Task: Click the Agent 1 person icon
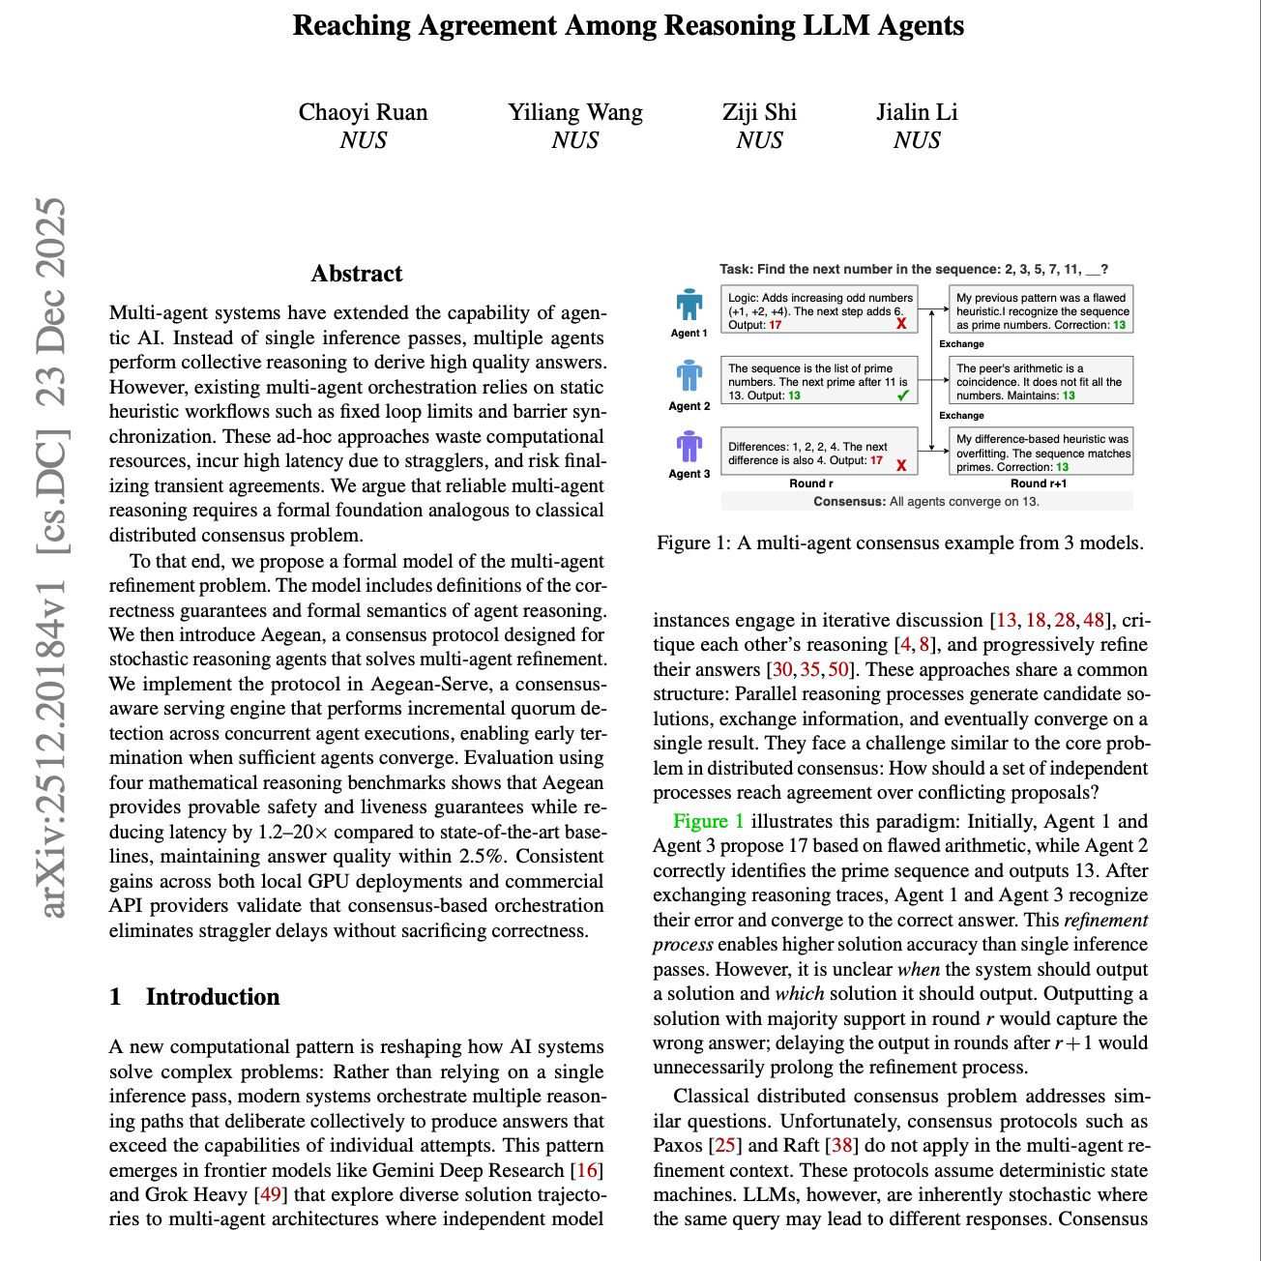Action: coord(689,305)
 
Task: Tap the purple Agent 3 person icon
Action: coord(689,447)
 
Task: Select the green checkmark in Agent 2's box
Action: coord(902,396)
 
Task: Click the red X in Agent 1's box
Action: coord(901,324)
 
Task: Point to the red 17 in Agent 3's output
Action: coord(876,460)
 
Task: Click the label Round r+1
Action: coord(1039,484)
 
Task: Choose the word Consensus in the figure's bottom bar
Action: coord(849,501)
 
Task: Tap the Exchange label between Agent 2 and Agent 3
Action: coord(961,415)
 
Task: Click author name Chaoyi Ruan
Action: coord(363,112)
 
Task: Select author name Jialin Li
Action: coord(917,112)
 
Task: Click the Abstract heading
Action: coord(357,274)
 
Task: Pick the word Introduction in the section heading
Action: coord(213,997)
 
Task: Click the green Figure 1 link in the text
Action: coord(708,821)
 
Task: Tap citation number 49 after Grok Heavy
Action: coord(271,1194)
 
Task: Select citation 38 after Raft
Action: coord(842,1146)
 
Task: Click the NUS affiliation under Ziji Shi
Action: coord(759,140)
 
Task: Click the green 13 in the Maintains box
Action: coord(1069,396)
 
